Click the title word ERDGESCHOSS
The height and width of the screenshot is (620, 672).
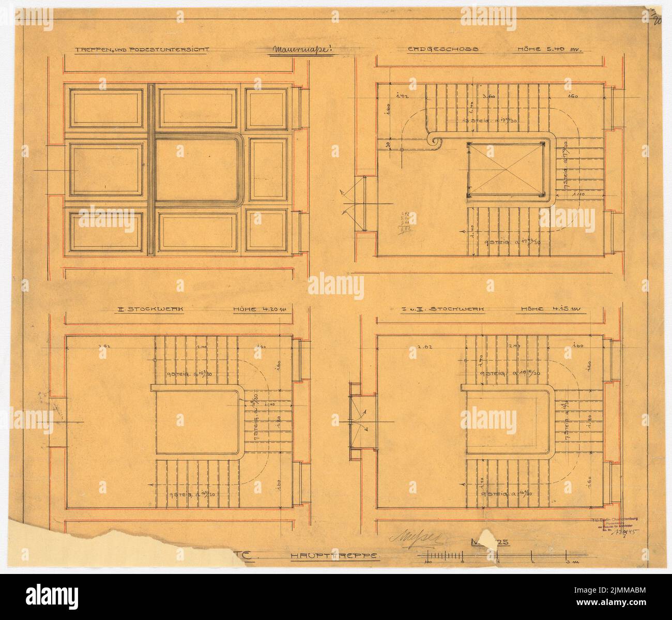coord(442,51)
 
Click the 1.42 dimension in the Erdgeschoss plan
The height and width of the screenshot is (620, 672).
coord(399,96)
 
